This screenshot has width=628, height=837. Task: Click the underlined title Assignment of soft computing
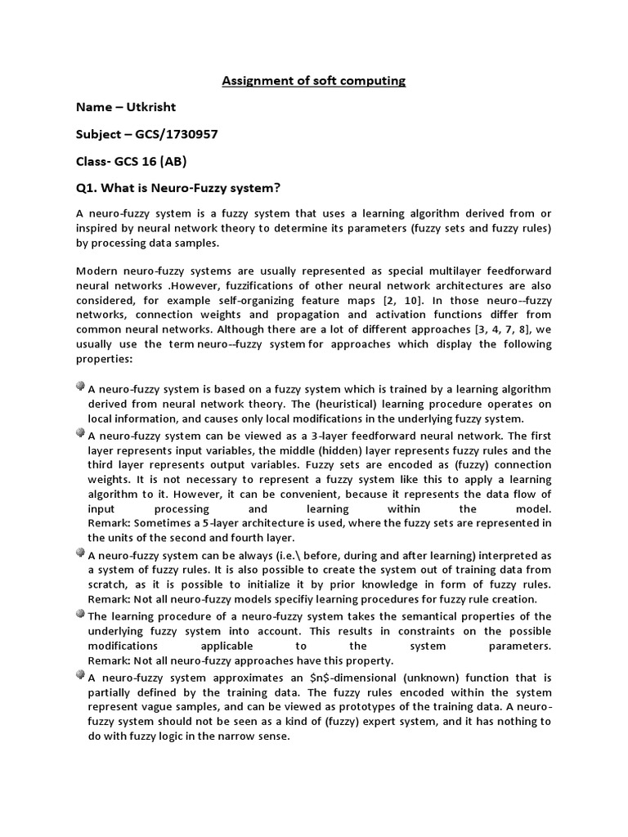click(x=314, y=81)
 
